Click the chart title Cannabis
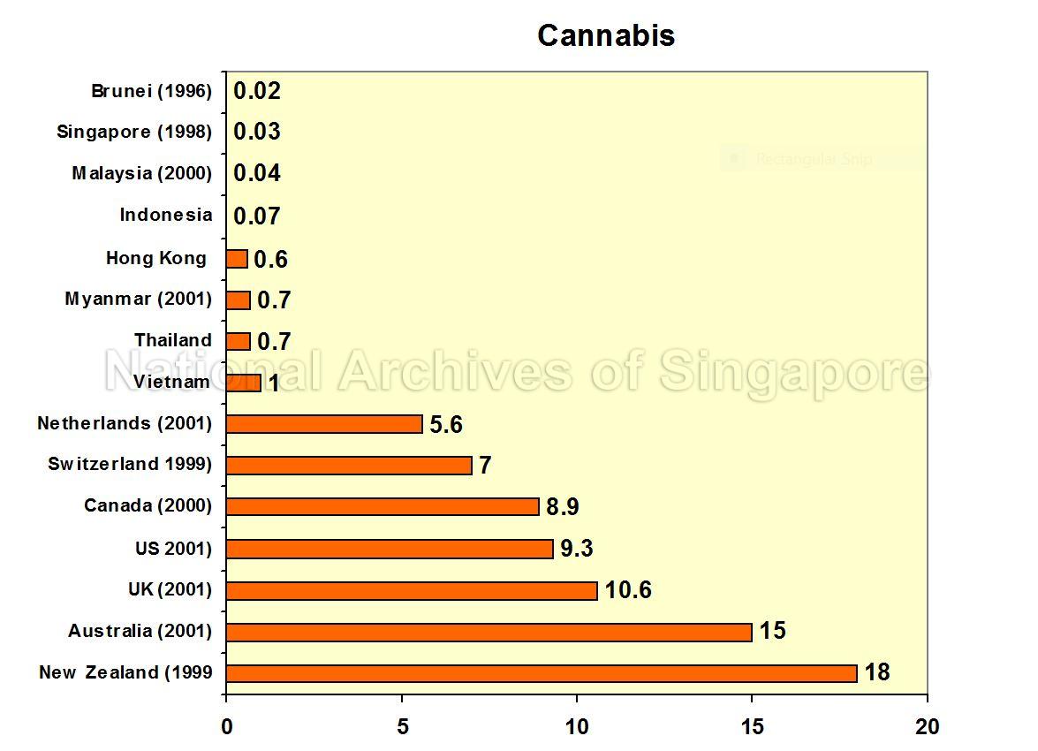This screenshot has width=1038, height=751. click(x=606, y=36)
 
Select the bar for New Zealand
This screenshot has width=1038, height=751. click(x=542, y=673)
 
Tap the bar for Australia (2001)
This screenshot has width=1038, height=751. click(x=489, y=632)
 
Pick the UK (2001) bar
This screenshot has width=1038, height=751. click(x=412, y=590)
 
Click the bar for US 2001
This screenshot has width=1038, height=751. click(x=390, y=549)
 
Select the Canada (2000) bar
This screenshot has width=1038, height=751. click(x=383, y=506)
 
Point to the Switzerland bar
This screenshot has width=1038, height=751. click(x=349, y=465)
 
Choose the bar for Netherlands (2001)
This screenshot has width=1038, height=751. click(x=324, y=424)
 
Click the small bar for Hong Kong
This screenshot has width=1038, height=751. click(x=237, y=259)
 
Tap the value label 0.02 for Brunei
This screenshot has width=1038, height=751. click(x=257, y=91)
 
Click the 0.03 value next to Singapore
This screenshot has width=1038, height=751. click(x=257, y=132)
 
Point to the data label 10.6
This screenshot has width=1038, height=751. click(x=628, y=590)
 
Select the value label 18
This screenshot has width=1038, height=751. click(x=877, y=672)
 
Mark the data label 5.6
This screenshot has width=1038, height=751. click(x=446, y=425)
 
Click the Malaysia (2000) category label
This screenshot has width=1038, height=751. click(x=142, y=173)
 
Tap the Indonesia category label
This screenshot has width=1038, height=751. click(x=166, y=215)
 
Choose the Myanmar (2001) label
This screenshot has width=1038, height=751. click(x=139, y=299)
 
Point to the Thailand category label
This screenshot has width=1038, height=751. click(x=173, y=340)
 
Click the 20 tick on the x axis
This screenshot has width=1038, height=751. click(x=928, y=727)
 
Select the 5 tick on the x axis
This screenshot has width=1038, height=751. click(x=403, y=727)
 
